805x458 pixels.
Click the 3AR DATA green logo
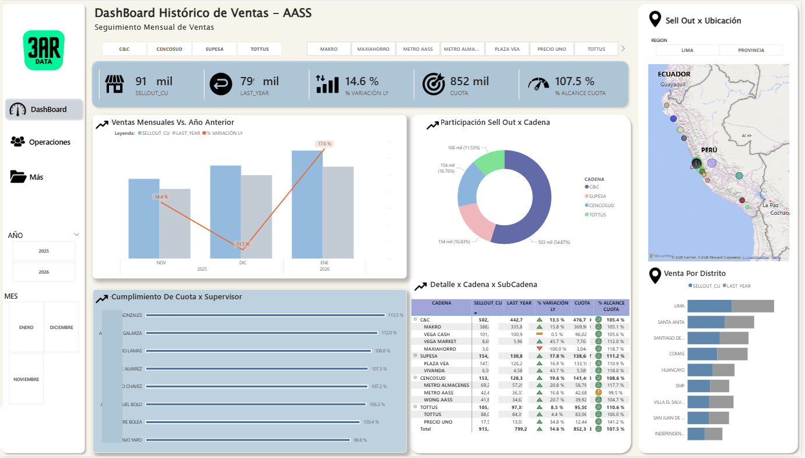pos(44,51)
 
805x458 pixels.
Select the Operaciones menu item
pos(50,142)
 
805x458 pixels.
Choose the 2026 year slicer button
pos(44,272)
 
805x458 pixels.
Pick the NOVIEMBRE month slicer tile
pos(26,379)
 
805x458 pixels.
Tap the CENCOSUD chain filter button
pos(170,49)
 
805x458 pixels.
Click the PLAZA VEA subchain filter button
pos(507,49)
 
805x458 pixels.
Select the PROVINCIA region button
pos(751,50)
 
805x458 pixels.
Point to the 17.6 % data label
pos(325,144)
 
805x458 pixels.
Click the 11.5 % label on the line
pos(242,244)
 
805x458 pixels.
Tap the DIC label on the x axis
pos(242,263)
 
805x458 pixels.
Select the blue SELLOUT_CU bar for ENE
pos(307,204)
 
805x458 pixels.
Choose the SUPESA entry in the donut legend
pos(597,196)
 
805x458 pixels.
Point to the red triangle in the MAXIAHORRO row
pos(539,349)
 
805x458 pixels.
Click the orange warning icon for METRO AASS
pos(598,393)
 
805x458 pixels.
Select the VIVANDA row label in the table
pos(434,370)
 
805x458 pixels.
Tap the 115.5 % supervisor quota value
pos(395,315)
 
